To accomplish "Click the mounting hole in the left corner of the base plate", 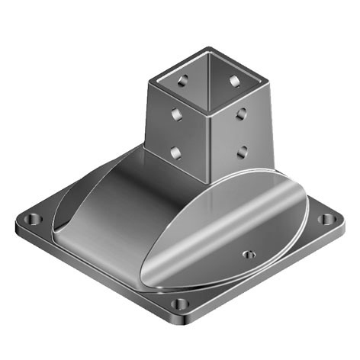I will pos(31,220).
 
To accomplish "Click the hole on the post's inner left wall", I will pos(182,79).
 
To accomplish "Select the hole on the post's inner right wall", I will pos(233,79).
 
